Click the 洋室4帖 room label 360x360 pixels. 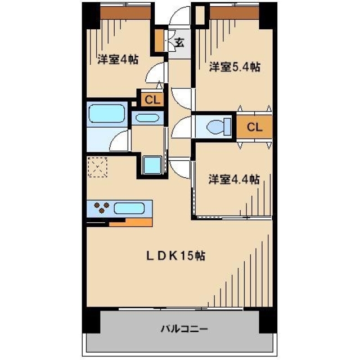tap(118, 58)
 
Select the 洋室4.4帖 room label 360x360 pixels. tap(234, 179)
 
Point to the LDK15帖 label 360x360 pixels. tap(175, 255)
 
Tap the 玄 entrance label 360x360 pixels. tap(179, 42)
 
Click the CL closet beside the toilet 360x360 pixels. tap(254, 127)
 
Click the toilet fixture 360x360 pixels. tap(217, 126)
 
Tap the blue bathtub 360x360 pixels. tap(106, 114)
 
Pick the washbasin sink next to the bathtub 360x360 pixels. tap(147, 118)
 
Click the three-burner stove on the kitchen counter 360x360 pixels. tap(102, 208)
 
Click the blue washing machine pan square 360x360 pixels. tap(151, 165)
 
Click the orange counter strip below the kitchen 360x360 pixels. tap(130, 222)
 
